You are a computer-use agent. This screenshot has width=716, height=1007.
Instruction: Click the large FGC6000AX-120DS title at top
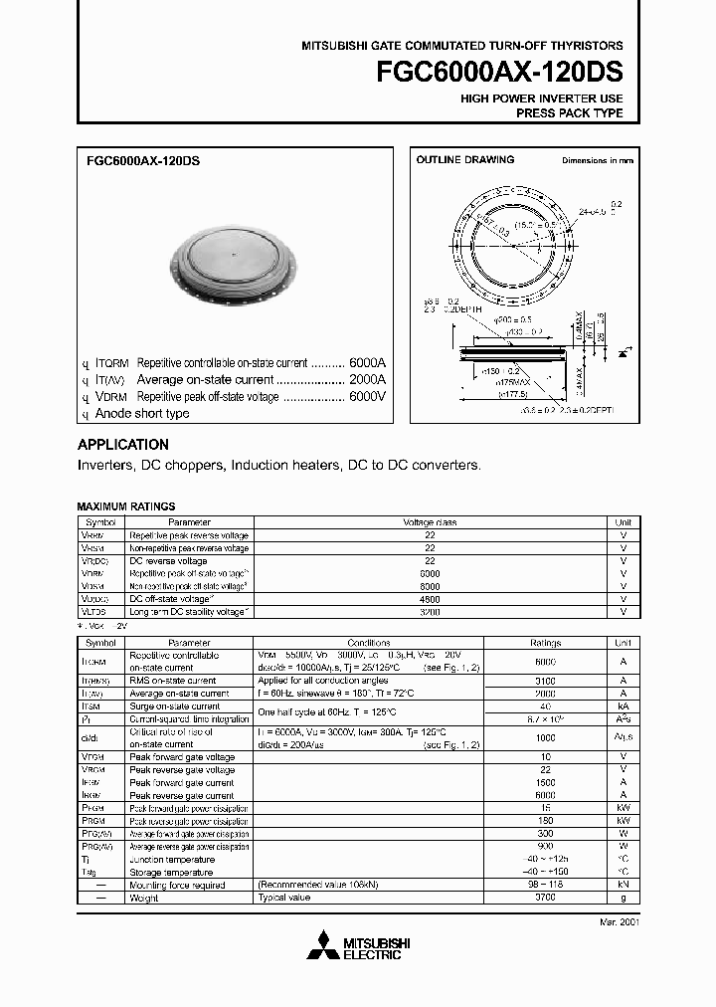pyautogui.click(x=500, y=74)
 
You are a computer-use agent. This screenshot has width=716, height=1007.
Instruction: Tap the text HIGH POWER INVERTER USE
pyautogui.click(x=541, y=99)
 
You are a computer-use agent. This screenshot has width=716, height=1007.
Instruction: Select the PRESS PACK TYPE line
pyautogui.click(x=569, y=113)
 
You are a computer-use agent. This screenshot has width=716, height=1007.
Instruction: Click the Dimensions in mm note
pyautogui.click(x=597, y=160)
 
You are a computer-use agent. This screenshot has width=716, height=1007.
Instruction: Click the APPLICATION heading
pyautogui.click(x=122, y=445)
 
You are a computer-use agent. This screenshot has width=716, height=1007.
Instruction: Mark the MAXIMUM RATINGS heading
pyautogui.click(x=125, y=506)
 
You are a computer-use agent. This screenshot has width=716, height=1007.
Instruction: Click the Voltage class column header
pyautogui.click(x=430, y=521)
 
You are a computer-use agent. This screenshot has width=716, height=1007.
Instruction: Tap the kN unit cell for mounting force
pyautogui.click(x=623, y=885)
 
